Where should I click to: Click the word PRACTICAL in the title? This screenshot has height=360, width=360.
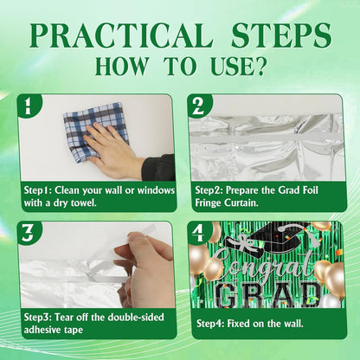click(x=122, y=35)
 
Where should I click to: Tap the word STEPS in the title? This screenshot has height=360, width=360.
click(x=281, y=35)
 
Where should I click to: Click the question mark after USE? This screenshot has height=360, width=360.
click(x=260, y=67)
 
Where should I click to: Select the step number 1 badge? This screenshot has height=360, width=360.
click(x=28, y=106)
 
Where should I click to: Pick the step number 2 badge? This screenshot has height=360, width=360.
click(x=198, y=106)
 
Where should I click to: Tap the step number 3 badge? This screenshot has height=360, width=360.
click(x=28, y=233)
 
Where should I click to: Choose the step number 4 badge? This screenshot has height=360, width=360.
click(x=198, y=233)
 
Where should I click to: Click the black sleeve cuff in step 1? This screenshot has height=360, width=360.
click(x=158, y=168)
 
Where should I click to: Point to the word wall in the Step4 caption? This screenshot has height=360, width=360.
click(x=293, y=324)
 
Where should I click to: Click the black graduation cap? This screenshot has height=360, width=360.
click(x=267, y=235)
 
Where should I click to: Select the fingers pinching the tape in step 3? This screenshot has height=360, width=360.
click(x=145, y=268)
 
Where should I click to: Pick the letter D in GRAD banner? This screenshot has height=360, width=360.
click(x=308, y=295)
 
